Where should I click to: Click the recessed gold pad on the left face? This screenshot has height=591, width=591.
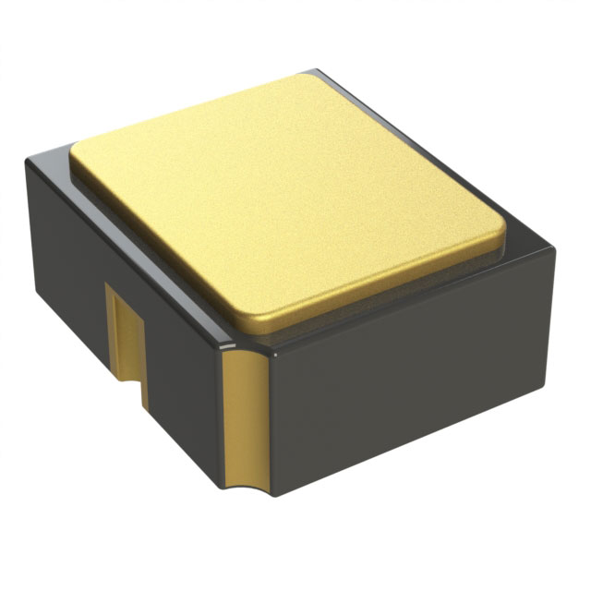124,329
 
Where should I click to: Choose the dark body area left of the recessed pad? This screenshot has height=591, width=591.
69,277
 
